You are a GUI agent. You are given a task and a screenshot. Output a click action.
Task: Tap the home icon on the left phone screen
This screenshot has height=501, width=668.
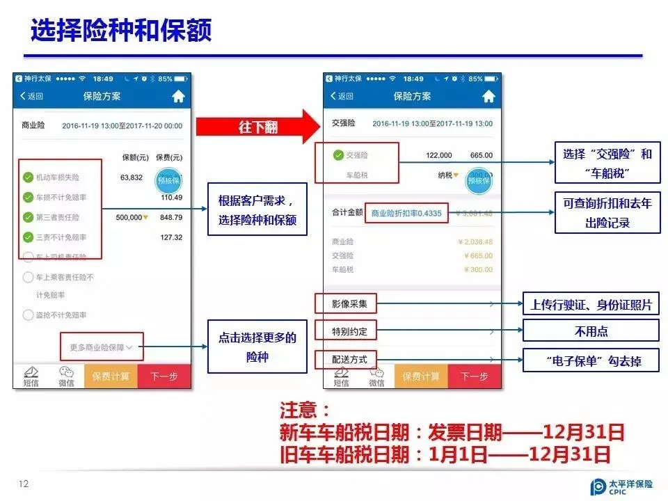178,97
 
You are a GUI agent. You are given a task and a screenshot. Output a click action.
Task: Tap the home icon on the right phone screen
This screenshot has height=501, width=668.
488,96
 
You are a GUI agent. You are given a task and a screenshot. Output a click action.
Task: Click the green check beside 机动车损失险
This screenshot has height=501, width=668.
29,177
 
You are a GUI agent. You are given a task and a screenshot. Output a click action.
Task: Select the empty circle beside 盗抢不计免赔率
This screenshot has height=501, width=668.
29,315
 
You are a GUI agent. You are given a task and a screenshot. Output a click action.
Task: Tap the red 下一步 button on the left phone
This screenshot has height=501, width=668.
164,376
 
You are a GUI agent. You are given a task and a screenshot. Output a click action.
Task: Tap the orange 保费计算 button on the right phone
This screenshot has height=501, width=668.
421,376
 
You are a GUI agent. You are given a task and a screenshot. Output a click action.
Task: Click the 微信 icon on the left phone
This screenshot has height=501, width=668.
66,376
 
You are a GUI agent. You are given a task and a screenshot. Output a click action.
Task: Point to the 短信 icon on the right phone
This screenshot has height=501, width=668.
341,376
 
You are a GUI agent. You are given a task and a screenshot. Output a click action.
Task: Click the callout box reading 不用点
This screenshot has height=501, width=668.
590,331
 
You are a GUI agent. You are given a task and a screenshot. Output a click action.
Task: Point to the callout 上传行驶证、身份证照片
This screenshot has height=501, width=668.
590,304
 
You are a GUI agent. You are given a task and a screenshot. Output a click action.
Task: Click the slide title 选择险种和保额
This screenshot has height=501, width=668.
121,31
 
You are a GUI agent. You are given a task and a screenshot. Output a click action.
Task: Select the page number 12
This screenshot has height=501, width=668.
24,484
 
